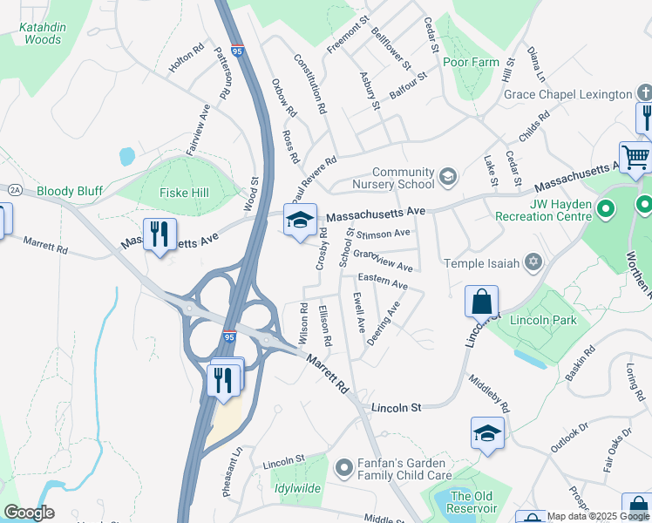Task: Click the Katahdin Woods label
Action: point(43,33)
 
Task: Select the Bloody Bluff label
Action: point(70,191)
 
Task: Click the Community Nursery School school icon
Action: point(448,177)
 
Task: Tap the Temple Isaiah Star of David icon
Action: point(533,262)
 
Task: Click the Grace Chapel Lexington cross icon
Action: point(645,93)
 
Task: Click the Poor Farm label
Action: point(471,62)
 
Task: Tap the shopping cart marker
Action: point(636,158)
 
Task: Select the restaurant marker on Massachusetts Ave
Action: point(160,233)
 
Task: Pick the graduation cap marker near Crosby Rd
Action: point(299,220)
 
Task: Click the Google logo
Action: point(29,513)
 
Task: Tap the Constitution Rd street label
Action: point(309,85)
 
